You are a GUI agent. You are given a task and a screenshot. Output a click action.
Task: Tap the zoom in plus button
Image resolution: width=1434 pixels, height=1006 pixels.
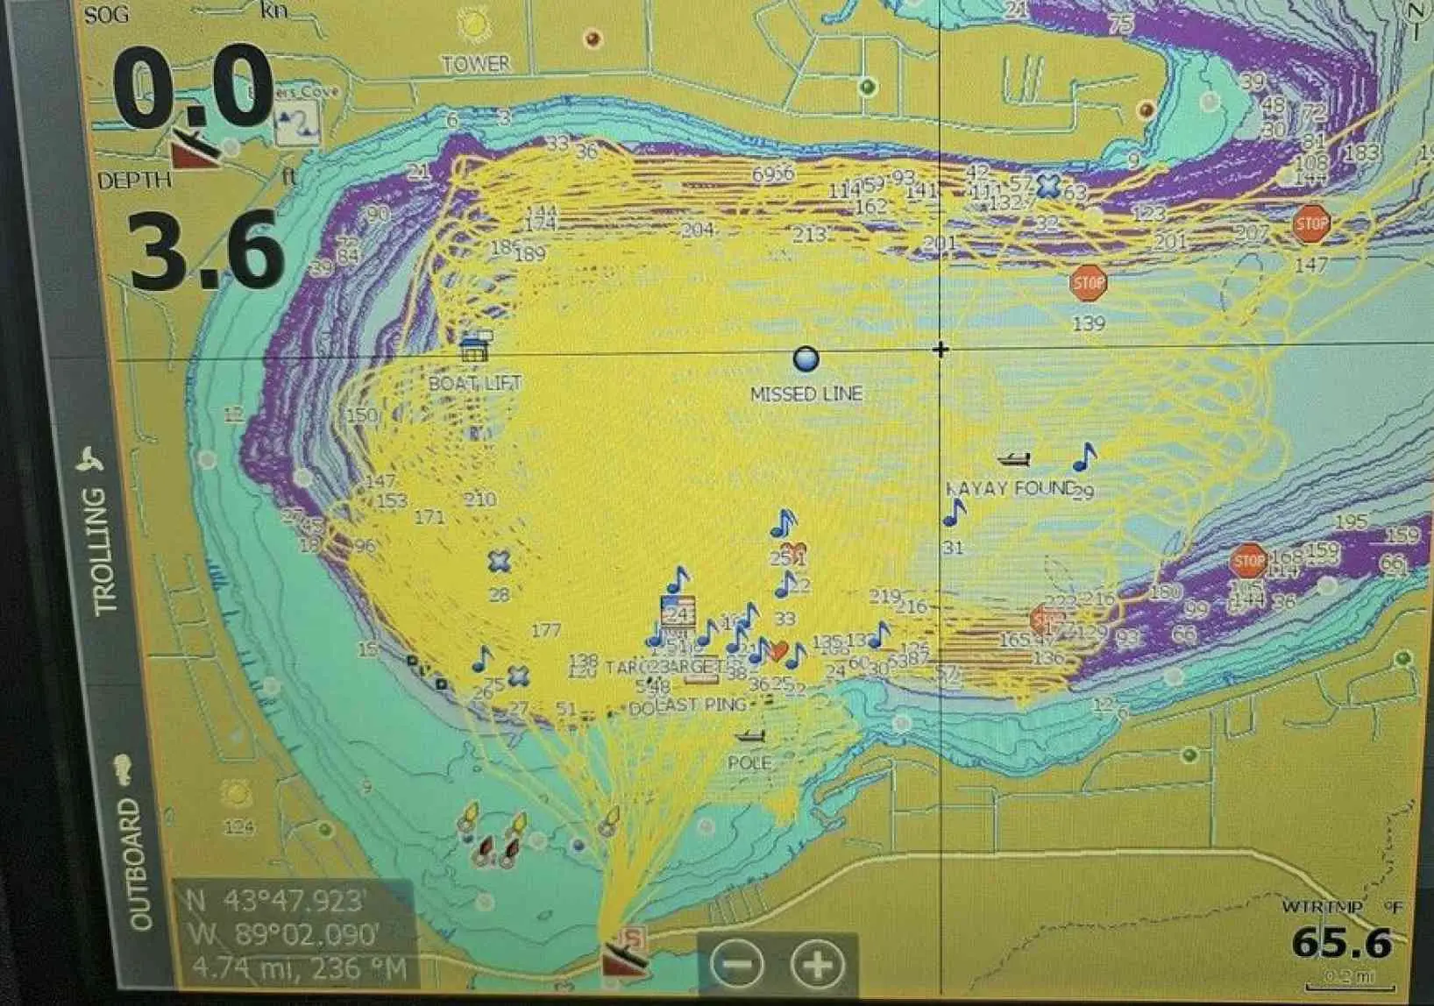[x=817, y=965]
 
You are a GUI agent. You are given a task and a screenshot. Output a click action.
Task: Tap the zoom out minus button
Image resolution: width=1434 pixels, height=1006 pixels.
[x=737, y=965]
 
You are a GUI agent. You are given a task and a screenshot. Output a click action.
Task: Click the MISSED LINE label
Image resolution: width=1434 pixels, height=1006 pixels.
[x=806, y=394]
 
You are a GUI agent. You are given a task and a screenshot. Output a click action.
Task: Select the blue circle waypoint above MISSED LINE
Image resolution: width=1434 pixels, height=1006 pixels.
[x=806, y=358]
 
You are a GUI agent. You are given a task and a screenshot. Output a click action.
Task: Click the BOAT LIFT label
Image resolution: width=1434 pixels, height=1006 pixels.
[x=474, y=383]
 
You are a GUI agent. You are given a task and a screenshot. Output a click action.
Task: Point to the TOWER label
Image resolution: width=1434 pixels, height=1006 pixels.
[x=475, y=64]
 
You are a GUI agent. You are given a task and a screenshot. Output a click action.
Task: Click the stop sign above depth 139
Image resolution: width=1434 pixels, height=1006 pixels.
[x=1089, y=282]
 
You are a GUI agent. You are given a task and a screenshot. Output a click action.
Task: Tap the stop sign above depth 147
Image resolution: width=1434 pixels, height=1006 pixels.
[x=1311, y=223]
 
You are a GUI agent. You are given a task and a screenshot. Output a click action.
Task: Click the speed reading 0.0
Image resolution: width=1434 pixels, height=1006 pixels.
[x=193, y=88]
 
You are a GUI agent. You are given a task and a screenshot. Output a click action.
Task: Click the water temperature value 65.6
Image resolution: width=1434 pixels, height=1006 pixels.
[x=1341, y=943]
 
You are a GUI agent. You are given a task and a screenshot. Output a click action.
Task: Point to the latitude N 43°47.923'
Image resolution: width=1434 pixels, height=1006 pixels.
[x=277, y=902]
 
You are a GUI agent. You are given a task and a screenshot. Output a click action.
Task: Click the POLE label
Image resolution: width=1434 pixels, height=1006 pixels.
[x=749, y=762]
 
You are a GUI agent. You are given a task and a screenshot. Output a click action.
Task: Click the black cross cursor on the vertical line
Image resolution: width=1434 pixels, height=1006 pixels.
[x=941, y=350]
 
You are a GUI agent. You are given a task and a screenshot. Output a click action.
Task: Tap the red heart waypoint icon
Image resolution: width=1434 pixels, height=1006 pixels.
[x=777, y=651]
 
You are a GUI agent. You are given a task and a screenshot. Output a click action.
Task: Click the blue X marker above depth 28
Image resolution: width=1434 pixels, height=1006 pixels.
[x=499, y=561]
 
